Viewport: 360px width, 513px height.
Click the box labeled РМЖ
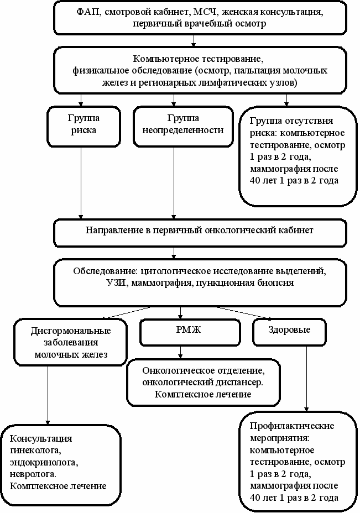190,332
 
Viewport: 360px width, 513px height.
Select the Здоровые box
289,332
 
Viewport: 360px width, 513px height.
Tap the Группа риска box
84,126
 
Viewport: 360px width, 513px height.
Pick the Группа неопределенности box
183,126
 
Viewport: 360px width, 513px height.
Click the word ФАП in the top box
86,12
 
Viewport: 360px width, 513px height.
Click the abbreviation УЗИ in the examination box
117,282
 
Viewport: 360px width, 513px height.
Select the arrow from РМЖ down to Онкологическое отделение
180,352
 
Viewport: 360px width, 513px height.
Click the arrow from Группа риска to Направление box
81,183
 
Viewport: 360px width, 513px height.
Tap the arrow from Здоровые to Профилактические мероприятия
307,379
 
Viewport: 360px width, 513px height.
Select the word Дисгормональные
71,331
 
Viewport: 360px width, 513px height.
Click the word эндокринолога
44,462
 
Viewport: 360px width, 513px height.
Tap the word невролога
33,474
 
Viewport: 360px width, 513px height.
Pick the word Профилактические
292,426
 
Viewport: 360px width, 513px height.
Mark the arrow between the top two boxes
194,40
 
